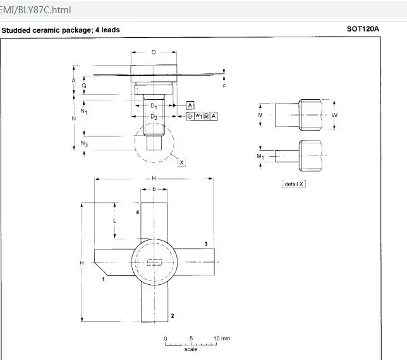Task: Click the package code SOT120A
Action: tap(363, 29)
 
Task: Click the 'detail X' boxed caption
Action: tap(294, 184)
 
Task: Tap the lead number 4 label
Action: tap(137, 212)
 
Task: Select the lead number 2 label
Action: tap(173, 316)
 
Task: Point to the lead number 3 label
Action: tap(206, 244)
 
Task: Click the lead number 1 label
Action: tap(103, 279)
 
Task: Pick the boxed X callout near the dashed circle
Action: tap(181, 162)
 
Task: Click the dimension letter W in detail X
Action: tap(334, 115)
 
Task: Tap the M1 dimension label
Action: tap(260, 157)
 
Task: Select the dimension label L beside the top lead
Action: tap(114, 221)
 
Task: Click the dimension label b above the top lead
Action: tap(154, 189)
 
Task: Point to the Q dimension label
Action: tap(84, 86)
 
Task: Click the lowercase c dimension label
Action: tap(224, 85)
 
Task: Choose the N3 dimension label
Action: tap(84, 143)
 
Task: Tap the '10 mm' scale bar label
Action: tap(222, 339)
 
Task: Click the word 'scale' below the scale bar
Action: tap(191, 349)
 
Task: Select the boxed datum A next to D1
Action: tap(190, 105)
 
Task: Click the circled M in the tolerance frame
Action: tap(206, 116)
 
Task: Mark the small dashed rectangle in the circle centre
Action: tap(154, 262)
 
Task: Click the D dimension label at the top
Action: tap(154, 52)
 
